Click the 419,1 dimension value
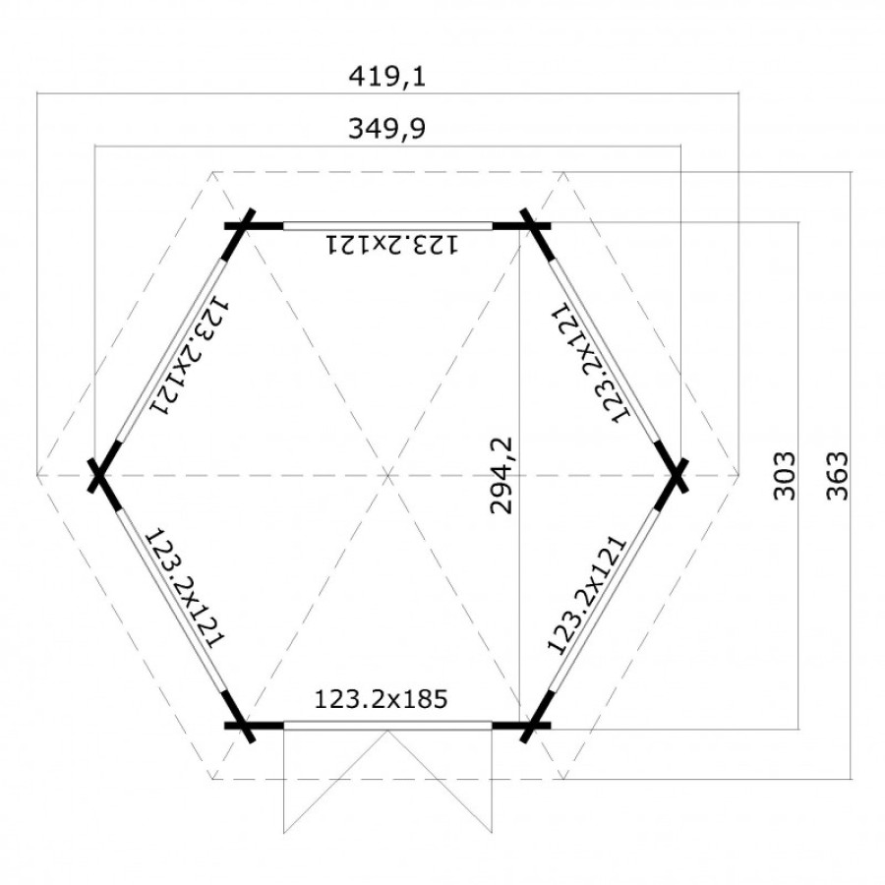pos(386,76)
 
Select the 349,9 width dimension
pos(386,128)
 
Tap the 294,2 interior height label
pos(501,475)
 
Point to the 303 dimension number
pos(784,476)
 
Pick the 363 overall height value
pos(837,476)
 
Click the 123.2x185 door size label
pos(381,699)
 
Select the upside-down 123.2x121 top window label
pos(391,245)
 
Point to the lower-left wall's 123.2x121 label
pos(186,588)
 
